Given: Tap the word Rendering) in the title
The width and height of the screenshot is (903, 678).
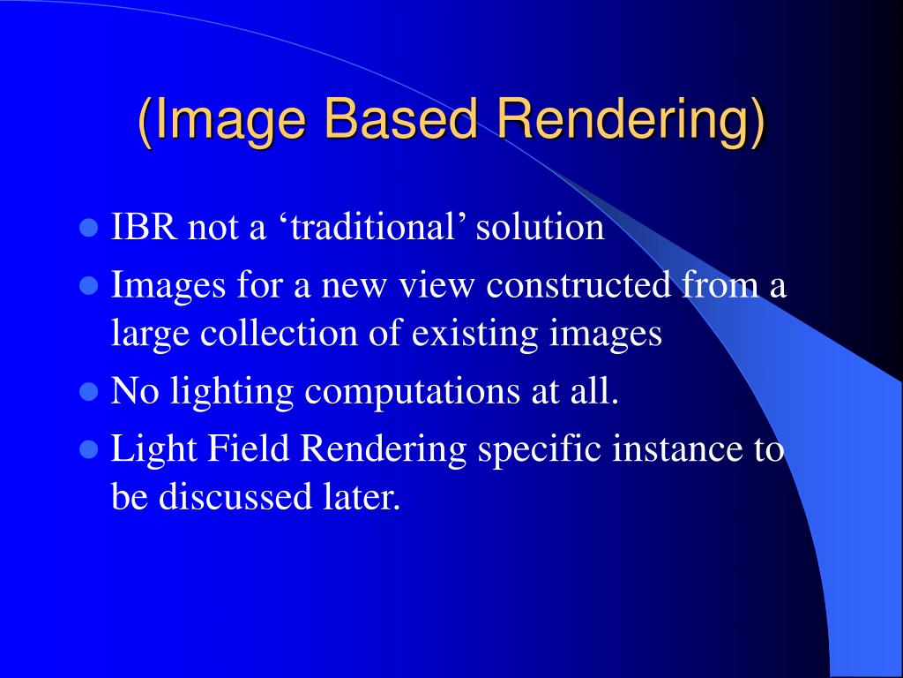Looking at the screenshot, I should (x=635, y=121).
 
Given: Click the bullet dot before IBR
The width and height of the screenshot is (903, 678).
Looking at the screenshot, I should (x=87, y=229).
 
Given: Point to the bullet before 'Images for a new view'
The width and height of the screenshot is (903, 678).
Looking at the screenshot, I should (x=87, y=286).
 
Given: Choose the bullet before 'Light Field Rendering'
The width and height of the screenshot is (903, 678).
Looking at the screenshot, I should (x=87, y=450).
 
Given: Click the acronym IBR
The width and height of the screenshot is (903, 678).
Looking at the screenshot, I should (x=146, y=228).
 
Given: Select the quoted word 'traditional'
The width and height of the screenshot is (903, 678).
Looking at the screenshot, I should (x=370, y=228).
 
